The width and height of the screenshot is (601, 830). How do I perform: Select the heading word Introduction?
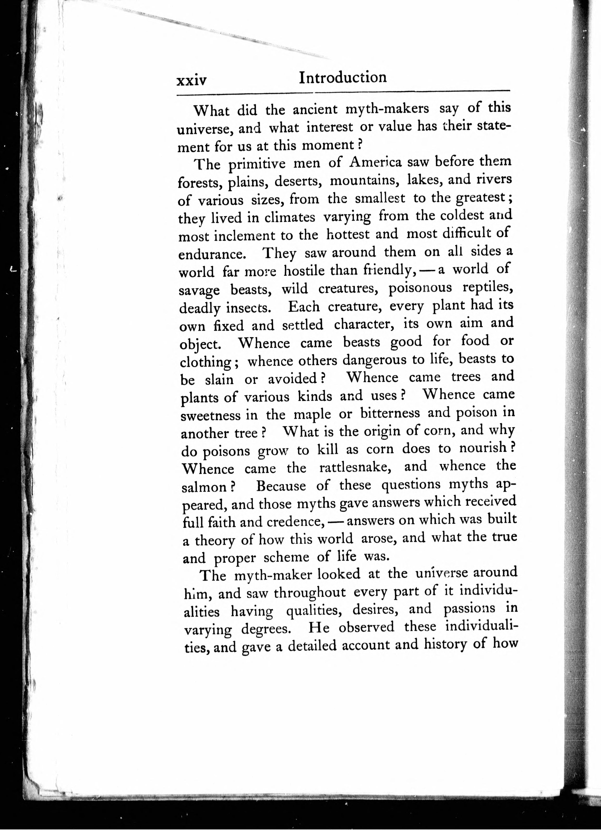(343, 78)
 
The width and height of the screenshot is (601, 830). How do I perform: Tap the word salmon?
(207, 487)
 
